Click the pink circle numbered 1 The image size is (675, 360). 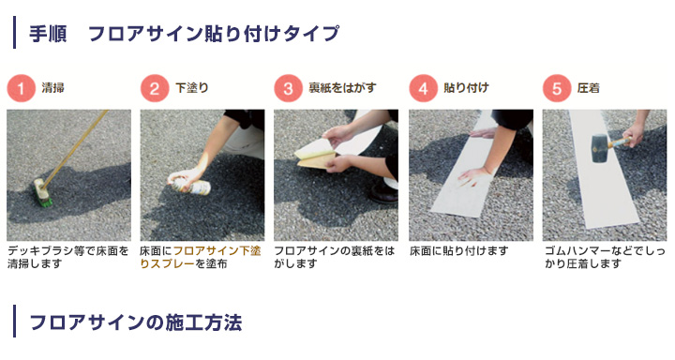coord(22,89)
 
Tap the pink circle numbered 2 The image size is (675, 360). coord(155,89)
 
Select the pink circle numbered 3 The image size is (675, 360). coord(289,89)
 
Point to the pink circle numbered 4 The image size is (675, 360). coord(424,89)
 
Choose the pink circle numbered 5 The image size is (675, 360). coord(558,89)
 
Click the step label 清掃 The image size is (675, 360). coord(53,89)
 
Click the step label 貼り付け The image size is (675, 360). coord(465,89)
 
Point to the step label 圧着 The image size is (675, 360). coord(589,89)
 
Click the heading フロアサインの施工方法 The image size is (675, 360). coord(135,323)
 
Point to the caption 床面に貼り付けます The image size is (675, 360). coord(458,251)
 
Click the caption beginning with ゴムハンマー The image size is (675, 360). coord(600,258)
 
